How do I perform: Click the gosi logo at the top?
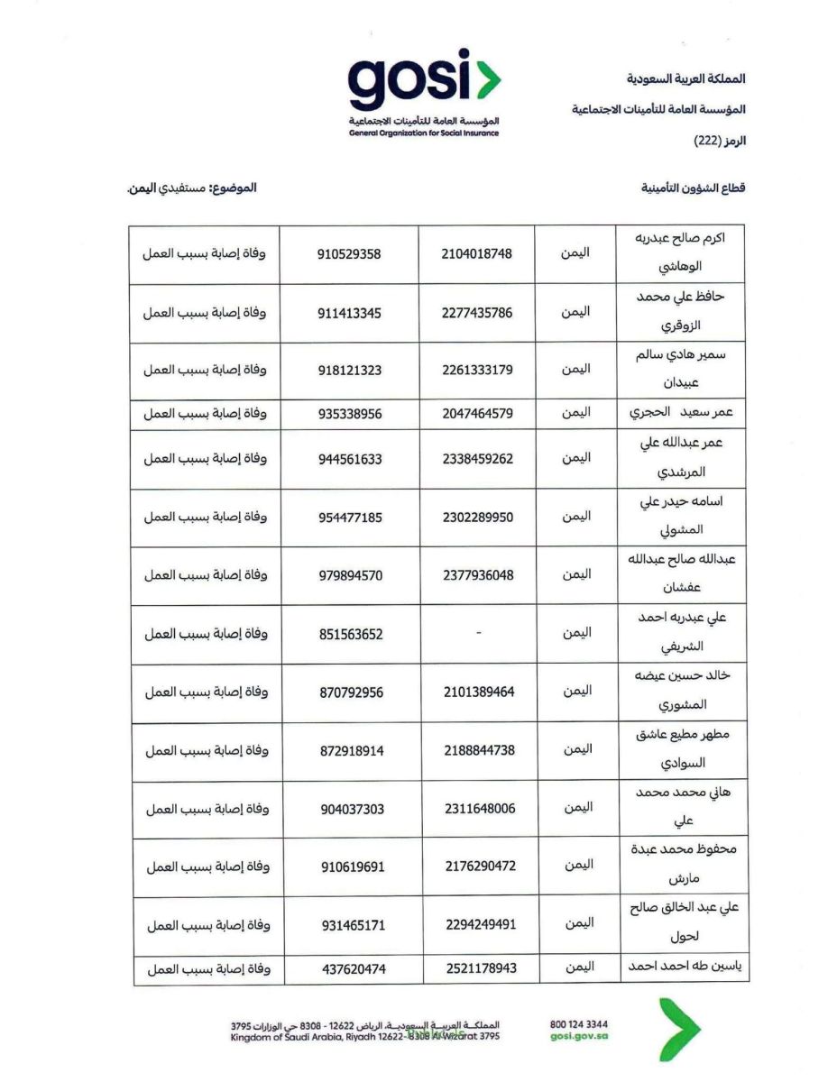[424, 83]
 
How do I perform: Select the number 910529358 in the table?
[349, 254]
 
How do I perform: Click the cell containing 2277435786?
[477, 313]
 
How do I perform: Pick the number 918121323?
[350, 371]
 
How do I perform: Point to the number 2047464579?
[478, 414]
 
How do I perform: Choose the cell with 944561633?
[350, 459]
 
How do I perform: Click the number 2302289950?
[478, 518]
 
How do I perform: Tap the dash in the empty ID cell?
[478, 634]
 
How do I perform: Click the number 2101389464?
[479, 692]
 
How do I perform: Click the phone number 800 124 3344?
[578, 1024]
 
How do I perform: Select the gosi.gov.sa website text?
[578, 1037]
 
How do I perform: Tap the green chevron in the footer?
[678, 1029]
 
